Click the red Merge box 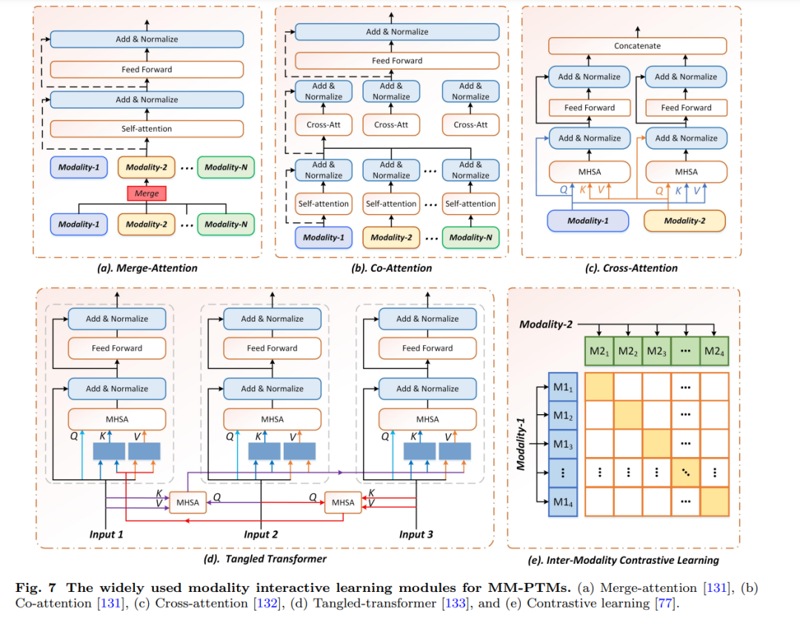[147, 193]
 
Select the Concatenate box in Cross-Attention [637, 46]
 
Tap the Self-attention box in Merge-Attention [147, 129]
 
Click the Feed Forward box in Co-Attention [397, 61]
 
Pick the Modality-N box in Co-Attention [470, 238]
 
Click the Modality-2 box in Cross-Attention [684, 221]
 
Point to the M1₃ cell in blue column [563, 444]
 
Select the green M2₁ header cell [599, 351]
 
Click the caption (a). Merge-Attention [147, 268]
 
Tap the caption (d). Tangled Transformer [264, 559]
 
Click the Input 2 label [261, 535]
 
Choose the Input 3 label [416, 535]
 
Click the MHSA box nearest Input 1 [187, 502]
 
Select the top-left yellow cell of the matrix [599, 387]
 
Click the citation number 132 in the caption [267, 604]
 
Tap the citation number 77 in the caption [664, 604]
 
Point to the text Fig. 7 [36, 588]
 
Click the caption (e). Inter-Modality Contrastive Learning [623, 560]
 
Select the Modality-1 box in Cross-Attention [587, 221]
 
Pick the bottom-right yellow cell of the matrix [714, 502]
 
